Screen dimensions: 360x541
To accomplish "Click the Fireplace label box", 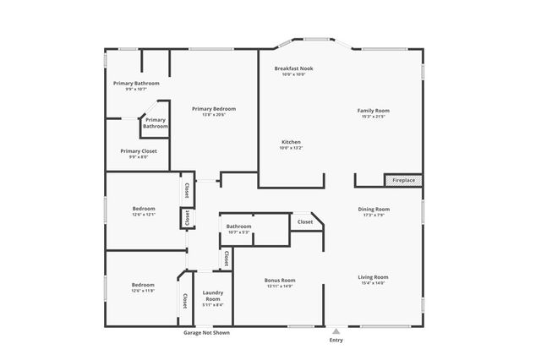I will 403,180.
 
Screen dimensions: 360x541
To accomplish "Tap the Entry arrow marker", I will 336,331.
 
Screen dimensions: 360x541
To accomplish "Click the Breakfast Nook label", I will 293,68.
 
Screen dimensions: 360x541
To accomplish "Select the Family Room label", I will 373,111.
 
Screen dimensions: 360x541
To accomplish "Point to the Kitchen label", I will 291,142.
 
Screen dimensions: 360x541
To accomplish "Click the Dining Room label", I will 374,209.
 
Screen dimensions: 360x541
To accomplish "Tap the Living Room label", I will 373,276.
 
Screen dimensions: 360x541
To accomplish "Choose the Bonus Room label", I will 279,280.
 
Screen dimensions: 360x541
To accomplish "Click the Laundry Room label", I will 213,296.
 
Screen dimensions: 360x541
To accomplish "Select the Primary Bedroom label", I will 213,108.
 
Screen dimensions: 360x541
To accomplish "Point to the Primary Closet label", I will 138,150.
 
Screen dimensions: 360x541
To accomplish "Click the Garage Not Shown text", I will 206,333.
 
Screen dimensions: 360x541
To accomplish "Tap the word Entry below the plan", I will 336,341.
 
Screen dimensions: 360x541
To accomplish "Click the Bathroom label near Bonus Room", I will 238,226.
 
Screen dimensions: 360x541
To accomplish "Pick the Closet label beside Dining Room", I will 304,222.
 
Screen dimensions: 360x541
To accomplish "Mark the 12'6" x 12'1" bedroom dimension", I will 143,215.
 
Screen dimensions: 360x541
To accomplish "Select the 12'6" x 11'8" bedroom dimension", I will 143,292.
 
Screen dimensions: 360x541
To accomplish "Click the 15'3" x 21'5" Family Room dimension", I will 373,117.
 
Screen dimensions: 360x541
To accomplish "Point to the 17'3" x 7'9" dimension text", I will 374,215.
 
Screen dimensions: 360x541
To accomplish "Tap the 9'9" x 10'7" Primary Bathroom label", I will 136,89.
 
